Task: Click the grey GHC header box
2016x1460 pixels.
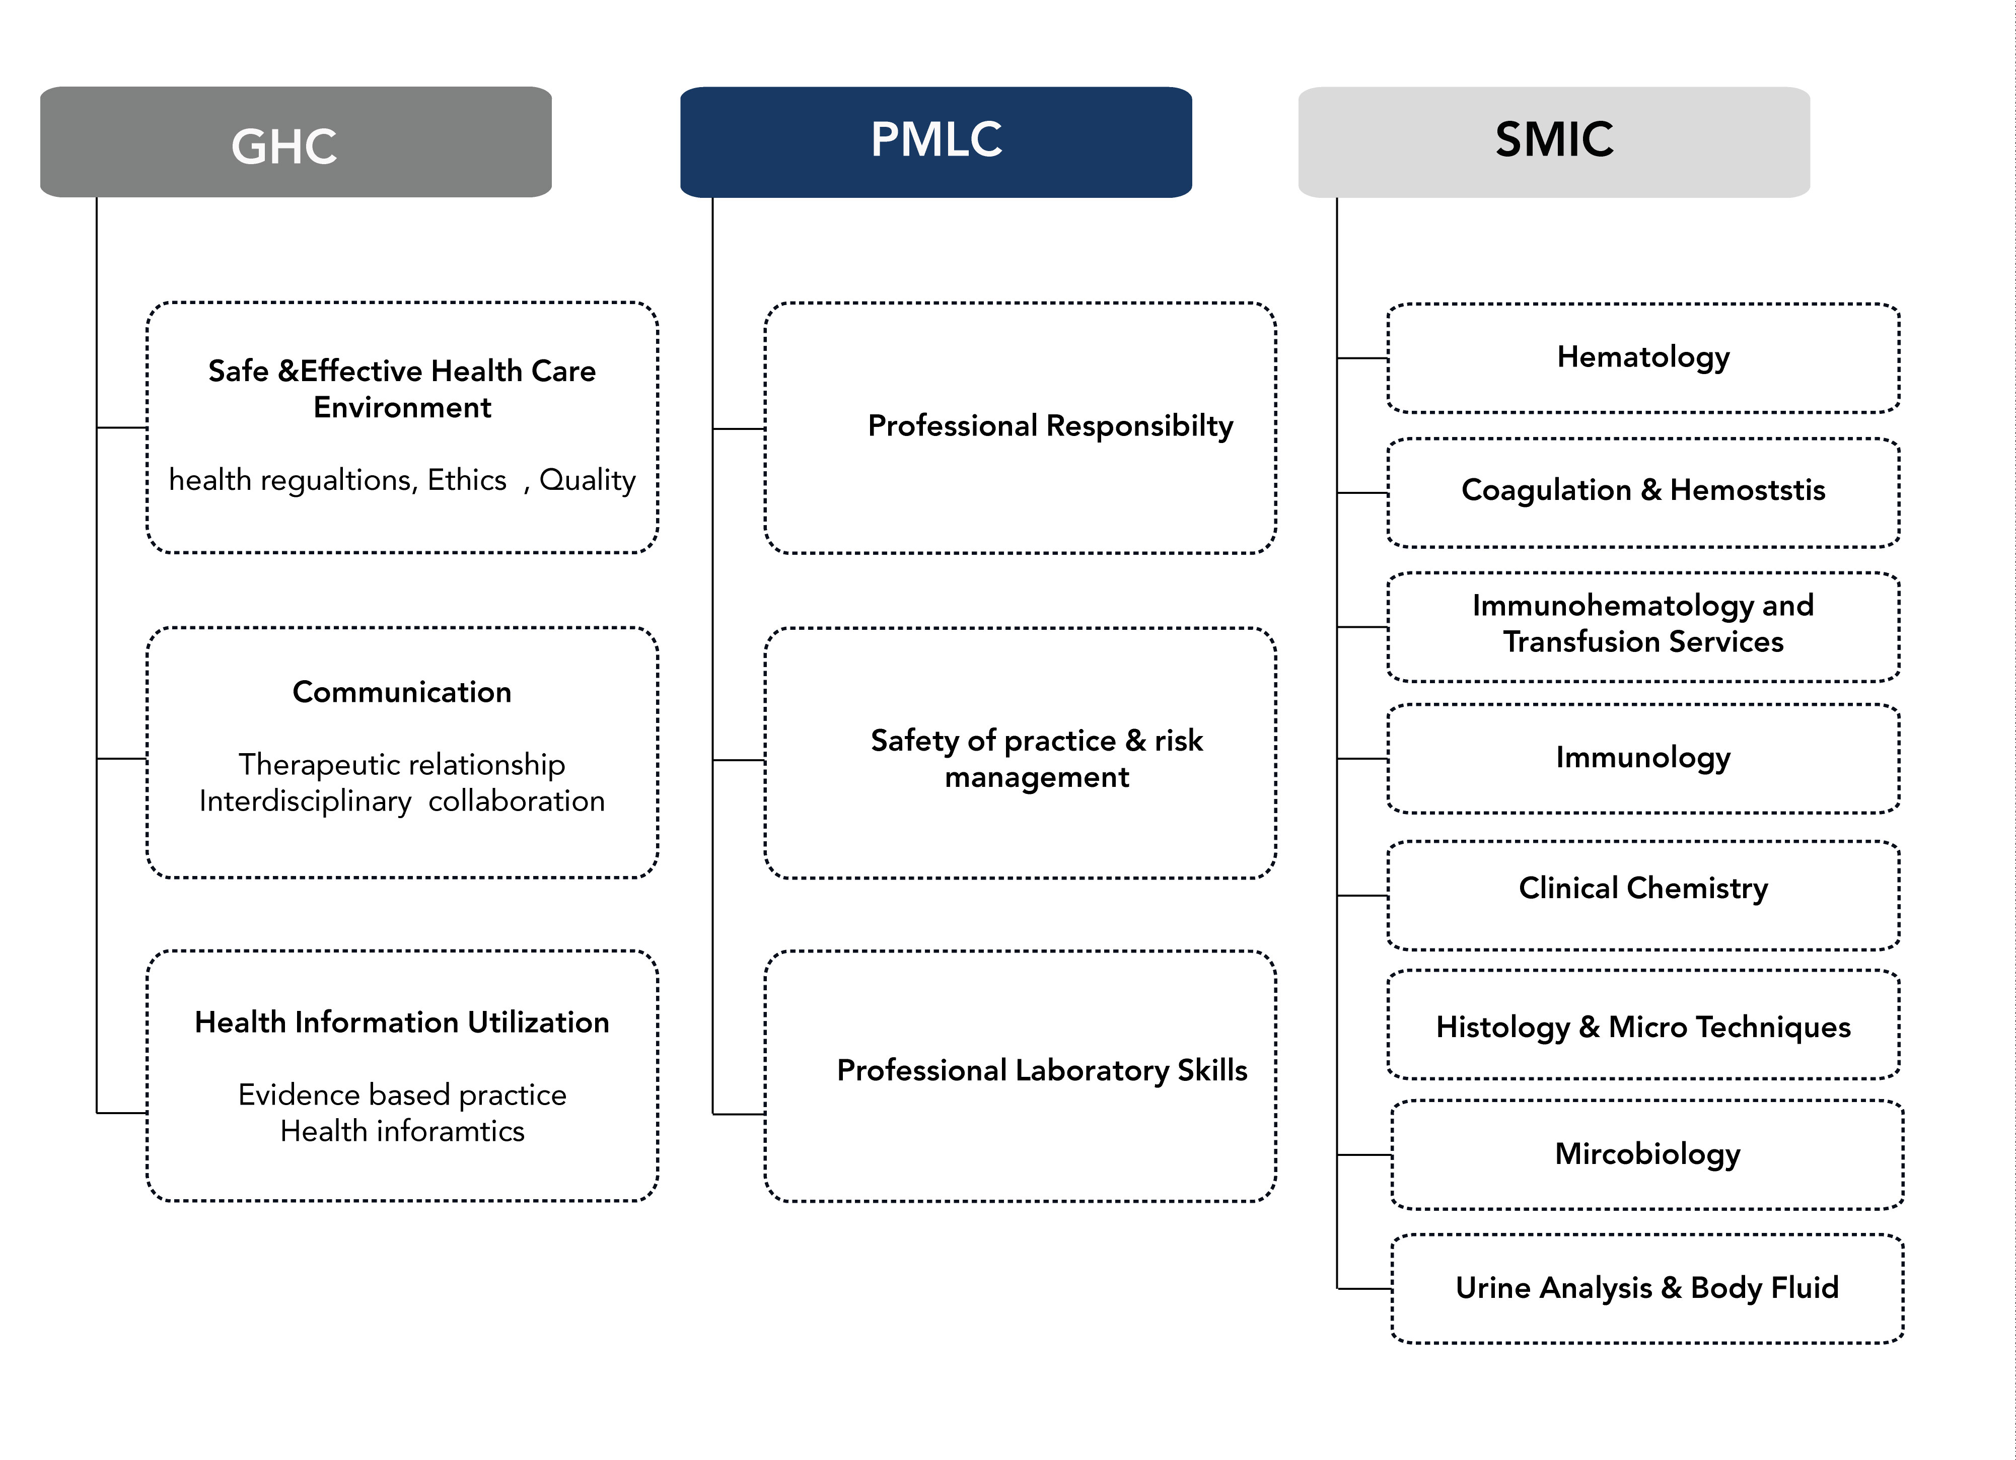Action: tap(296, 142)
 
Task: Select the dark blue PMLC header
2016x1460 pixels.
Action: tap(936, 142)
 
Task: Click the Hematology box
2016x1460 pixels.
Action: tap(1643, 358)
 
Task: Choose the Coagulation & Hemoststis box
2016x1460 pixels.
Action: tap(1643, 492)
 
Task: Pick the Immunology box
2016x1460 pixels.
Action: tap(1643, 758)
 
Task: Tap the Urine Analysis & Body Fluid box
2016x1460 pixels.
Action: tap(1647, 1288)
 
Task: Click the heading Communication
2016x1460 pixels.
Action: tap(402, 691)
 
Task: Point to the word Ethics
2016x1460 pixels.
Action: tap(467, 480)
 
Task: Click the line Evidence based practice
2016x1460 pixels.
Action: tap(402, 1095)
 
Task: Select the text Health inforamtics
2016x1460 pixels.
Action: tap(402, 1131)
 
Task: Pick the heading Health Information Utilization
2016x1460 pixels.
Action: tap(402, 1022)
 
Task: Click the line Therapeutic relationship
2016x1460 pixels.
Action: tap(402, 764)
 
